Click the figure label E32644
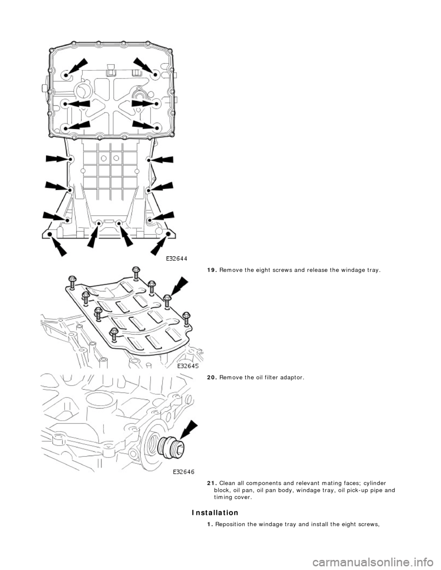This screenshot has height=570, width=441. (x=177, y=259)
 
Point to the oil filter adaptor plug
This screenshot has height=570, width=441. (x=171, y=447)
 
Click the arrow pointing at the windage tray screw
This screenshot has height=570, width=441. (x=180, y=287)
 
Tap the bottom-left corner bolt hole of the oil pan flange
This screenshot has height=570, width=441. (x=51, y=234)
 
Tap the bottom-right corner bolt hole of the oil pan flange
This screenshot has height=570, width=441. (x=168, y=234)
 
